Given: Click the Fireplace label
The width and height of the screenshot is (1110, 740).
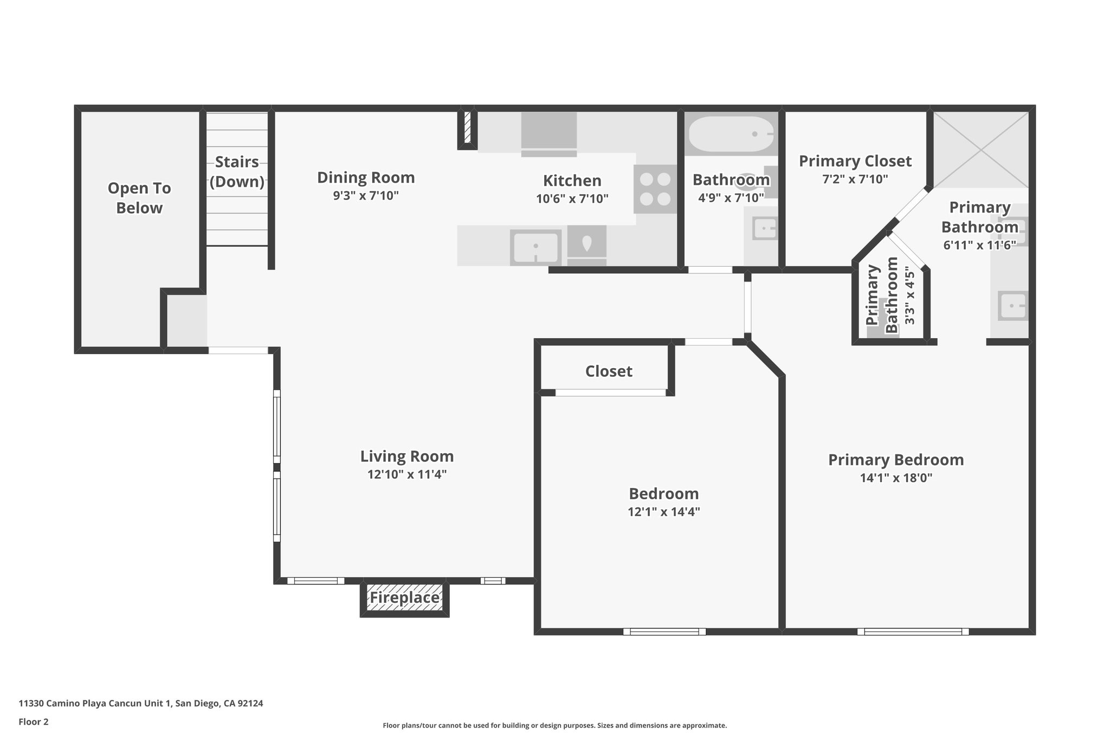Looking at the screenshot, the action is [x=404, y=598].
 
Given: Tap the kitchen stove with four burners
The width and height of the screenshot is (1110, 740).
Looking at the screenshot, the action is [x=656, y=189].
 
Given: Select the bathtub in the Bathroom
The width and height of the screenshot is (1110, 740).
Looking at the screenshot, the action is [x=731, y=134].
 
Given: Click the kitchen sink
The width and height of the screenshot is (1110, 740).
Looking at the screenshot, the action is [x=535, y=247].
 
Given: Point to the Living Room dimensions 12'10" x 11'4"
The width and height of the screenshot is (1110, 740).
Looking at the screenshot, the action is [x=407, y=474].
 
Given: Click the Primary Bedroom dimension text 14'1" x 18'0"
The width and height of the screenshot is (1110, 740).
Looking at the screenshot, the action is [x=896, y=478].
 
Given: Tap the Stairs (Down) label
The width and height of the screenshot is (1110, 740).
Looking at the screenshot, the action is [x=237, y=171].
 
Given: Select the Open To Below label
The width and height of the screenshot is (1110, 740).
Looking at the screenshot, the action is [x=139, y=198].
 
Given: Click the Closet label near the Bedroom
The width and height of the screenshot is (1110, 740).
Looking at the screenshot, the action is [x=609, y=371].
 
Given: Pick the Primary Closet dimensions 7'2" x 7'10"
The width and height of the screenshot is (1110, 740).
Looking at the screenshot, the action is [x=855, y=179].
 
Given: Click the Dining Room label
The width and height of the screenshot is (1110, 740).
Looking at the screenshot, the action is [x=366, y=177].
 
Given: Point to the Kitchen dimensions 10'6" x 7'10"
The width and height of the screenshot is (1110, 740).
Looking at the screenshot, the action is [x=572, y=198].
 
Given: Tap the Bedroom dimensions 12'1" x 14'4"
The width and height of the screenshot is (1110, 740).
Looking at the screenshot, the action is [x=664, y=512].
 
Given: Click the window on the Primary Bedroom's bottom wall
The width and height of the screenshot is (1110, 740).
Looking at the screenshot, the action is [x=913, y=631].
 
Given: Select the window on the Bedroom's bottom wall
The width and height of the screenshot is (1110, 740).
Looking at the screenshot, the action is [x=664, y=631].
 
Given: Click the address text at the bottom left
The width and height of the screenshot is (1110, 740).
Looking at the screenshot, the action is [x=141, y=703].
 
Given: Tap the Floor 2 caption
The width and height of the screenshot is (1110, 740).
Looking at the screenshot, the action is [x=34, y=722].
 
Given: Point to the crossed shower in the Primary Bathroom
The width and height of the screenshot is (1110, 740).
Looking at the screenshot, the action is [x=980, y=150].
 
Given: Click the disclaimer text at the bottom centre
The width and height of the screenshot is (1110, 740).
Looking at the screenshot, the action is [x=555, y=725].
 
